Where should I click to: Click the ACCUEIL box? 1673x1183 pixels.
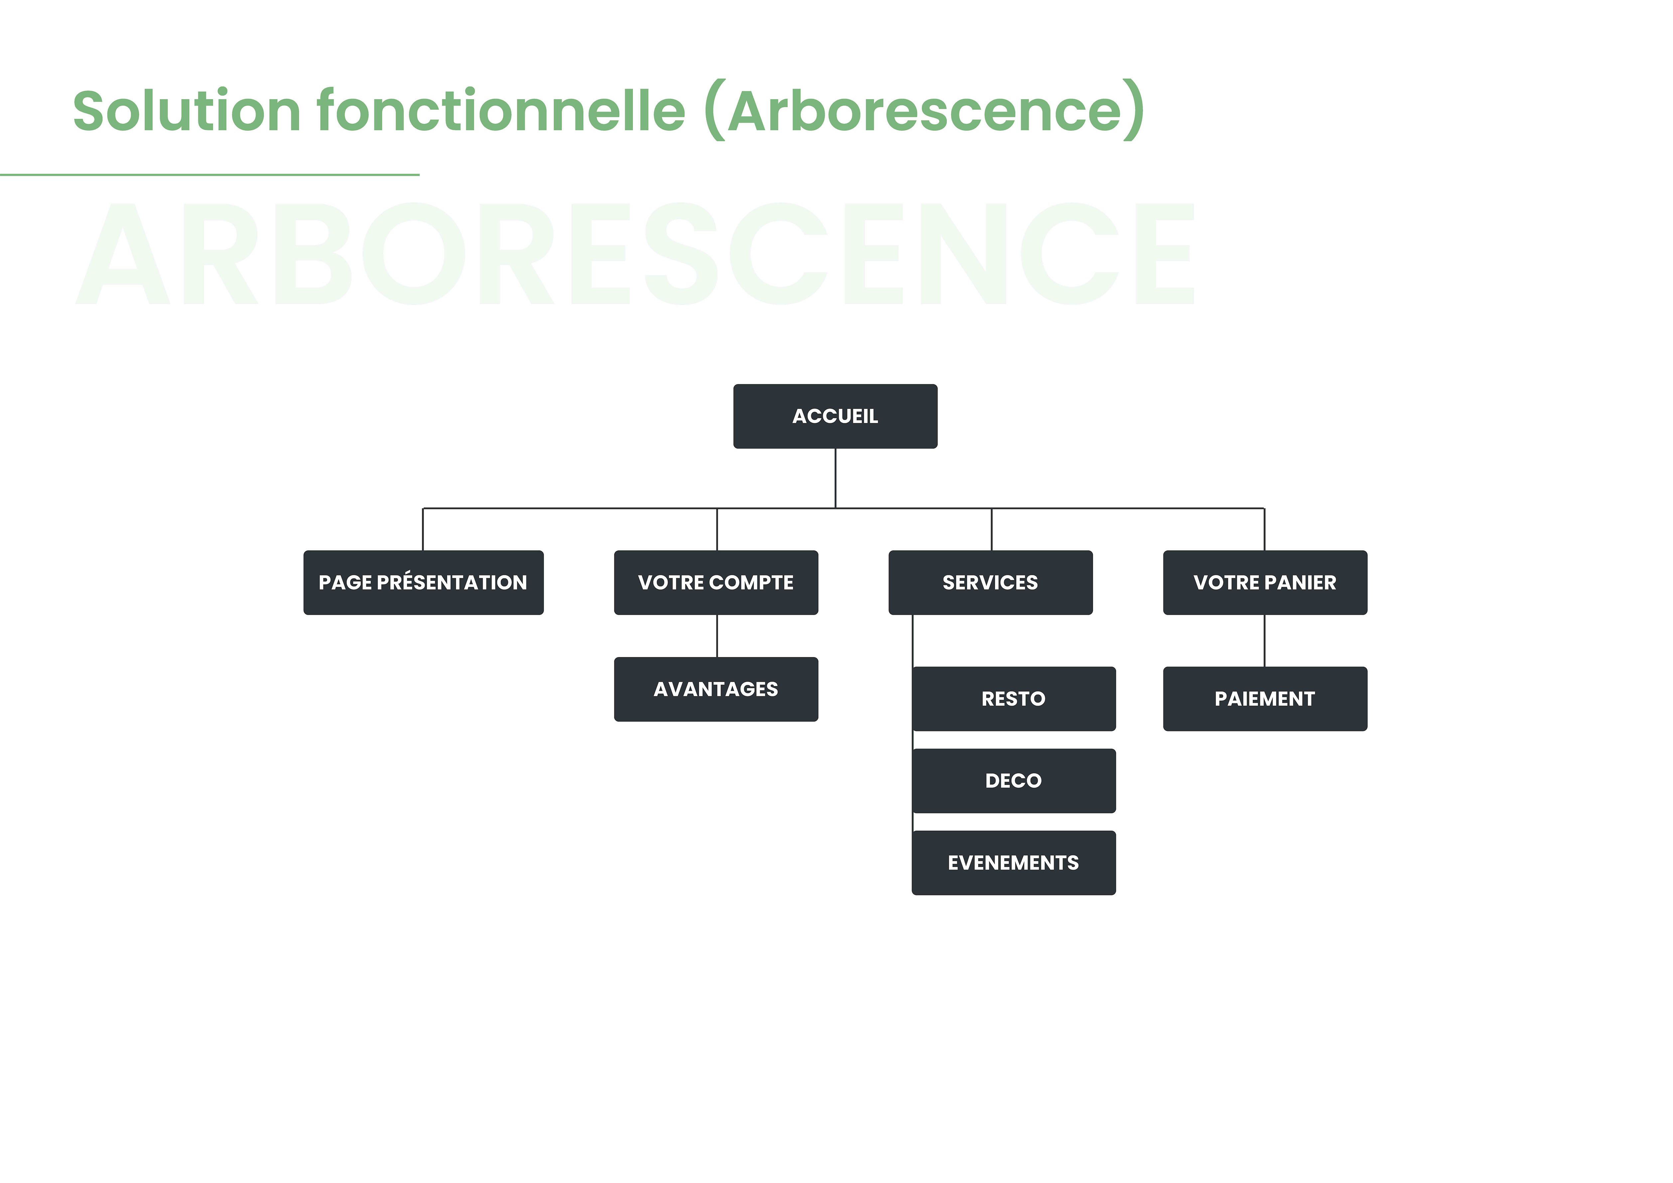coord(835,416)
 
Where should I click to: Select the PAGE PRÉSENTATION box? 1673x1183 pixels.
coord(423,583)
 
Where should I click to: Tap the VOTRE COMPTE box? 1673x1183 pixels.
coord(716,583)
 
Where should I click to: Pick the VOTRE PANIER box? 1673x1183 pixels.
coord(1265,583)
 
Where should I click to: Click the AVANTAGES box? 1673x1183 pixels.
coord(716,690)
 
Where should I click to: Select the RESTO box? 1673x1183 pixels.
coord(1014,699)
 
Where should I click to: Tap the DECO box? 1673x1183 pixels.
coord(1014,781)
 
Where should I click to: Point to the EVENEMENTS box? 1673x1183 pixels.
coord(1014,863)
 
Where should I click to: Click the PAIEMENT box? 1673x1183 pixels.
coord(1265,699)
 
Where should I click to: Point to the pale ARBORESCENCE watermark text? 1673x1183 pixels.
coord(635,254)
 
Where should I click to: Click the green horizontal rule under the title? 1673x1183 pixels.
coord(210,175)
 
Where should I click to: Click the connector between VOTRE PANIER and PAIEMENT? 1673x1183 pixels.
coord(1264,641)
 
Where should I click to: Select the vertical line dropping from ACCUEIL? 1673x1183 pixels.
coord(835,478)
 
